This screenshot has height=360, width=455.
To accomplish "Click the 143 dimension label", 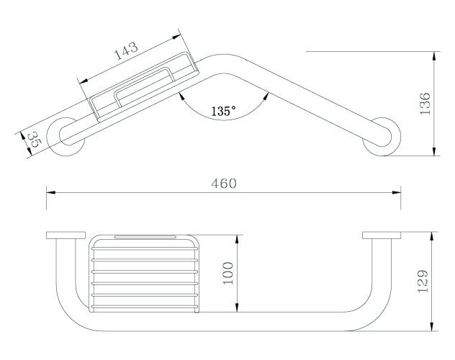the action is [x=127, y=50].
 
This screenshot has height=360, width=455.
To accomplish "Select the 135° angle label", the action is [x=223, y=111].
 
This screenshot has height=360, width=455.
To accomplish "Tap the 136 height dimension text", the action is [x=425, y=104].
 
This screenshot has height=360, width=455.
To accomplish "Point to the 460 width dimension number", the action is [x=224, y=184].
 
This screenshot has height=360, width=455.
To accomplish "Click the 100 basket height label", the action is [x=228, y=274].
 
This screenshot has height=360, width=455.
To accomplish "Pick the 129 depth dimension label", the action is [x=423, y=281].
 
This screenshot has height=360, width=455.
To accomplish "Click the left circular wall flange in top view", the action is [x=66, y=137].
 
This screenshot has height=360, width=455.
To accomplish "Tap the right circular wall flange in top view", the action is [x=382, y=137].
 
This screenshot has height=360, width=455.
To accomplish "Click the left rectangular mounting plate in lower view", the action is [x=66, y=235].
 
